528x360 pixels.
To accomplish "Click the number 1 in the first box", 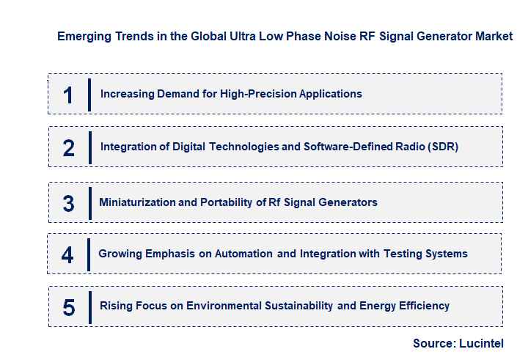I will tap(68, 95).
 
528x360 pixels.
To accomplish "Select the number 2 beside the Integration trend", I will tap(68, 148).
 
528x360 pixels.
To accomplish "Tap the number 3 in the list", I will tap(68, 203).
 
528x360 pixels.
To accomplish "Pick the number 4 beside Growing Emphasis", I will tap(67, 254).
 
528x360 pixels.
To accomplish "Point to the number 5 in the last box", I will tap(68, 306).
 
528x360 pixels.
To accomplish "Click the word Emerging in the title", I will tap(84, 36).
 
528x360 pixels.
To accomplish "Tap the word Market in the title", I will tap(492, 36).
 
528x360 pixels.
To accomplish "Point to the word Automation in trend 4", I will tap(243, 254).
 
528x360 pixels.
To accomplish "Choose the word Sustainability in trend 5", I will tap(291, 305).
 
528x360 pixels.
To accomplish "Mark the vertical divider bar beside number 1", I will tap(89, 95).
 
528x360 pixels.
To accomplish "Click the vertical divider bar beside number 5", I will tap(89, 306).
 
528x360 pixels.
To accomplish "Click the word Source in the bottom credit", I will tap(433, 342).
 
